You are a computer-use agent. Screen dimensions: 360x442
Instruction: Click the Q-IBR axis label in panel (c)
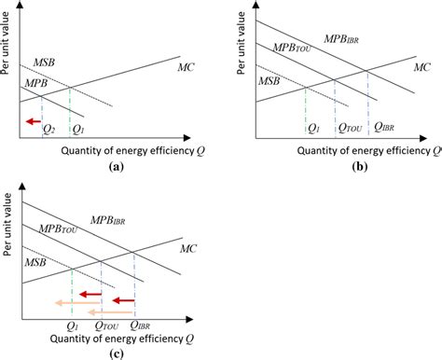coord(142,324)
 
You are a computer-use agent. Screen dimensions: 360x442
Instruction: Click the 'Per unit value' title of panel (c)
coord(10,244)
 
